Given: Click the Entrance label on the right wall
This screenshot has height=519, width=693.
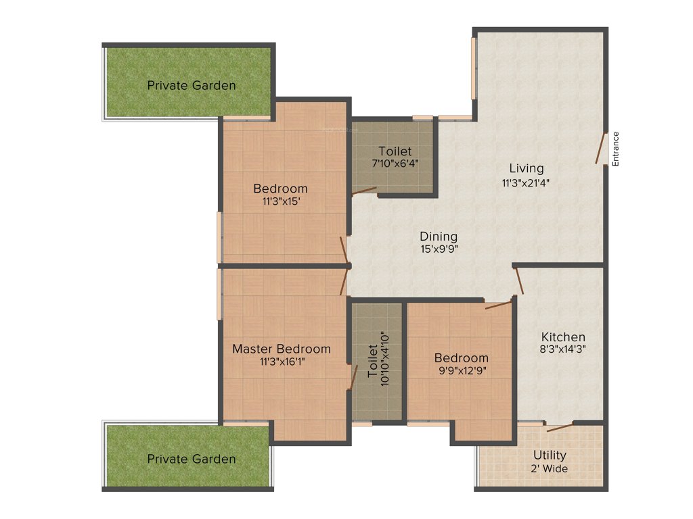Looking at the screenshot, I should click(x=616, y=149).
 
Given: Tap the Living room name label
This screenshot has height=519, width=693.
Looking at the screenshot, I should click(x=527, y=168).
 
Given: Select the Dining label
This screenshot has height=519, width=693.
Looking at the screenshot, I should click(x=439, y=237).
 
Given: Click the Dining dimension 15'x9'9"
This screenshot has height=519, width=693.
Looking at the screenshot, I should click(x=439, y=249).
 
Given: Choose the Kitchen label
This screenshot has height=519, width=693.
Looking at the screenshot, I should click(x=563, y=337).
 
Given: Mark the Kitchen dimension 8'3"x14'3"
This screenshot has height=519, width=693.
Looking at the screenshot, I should click(x=563, y=349).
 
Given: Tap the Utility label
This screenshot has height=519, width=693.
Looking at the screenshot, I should click(x=550, y=455).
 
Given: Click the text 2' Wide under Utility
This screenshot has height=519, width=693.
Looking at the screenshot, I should click(x=550, y=468).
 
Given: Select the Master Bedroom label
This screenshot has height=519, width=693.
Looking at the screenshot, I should click(x=282, y=349).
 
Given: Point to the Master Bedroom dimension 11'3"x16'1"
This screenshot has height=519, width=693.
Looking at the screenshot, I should click(x=282, y=362).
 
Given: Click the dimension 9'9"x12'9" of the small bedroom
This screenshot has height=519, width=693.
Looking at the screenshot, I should click(x=461, y=370).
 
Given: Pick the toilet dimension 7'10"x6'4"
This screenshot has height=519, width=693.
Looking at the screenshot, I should click(x=395, y=164).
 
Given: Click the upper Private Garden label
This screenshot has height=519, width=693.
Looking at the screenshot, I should click(x=192, y=85).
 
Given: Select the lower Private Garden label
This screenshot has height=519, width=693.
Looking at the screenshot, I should click(x=192, y=459).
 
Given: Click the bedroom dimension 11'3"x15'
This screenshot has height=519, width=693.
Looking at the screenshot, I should click(x=280, y=201).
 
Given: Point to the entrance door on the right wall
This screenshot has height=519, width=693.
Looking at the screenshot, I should click(x=601, y=149).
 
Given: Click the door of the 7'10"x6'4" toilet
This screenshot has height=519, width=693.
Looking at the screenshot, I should click(x=364, y=191).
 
